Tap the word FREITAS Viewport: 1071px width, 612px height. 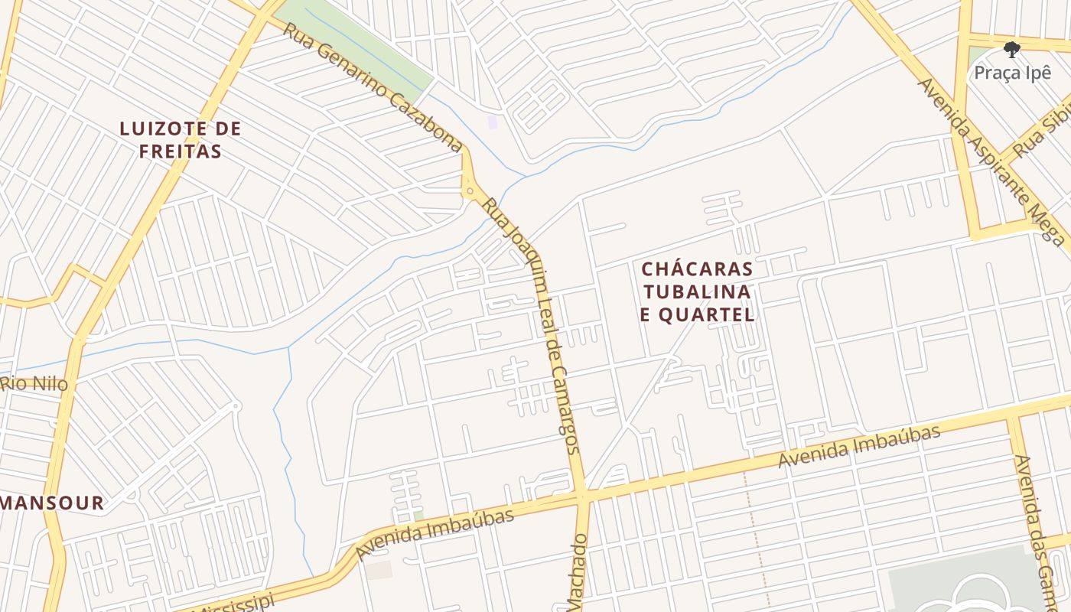181,151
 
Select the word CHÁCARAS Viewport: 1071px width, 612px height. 697,269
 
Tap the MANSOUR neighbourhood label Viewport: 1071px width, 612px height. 52,503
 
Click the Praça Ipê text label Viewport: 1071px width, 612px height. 1012,73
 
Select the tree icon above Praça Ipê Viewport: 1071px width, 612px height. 1012,50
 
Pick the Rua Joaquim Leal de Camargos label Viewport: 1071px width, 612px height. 532,329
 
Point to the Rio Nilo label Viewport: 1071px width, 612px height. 34,383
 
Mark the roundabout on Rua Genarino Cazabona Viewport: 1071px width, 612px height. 469,189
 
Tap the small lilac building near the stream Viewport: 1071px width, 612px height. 493,122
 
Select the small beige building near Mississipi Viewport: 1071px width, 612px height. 378,570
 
